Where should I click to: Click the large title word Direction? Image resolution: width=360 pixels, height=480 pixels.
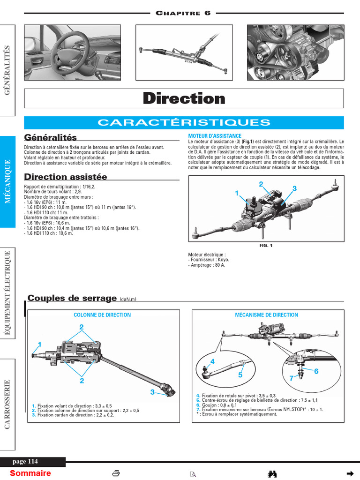(x=184, y=98)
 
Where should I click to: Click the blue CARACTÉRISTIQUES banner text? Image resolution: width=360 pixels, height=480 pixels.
(x=184, y=123)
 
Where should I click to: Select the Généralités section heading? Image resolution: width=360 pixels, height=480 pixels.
(x=50, y=137)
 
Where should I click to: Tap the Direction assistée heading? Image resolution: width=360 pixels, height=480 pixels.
(x=66, y=177)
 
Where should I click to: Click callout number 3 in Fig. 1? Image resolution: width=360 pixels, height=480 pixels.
(x=294, y=188)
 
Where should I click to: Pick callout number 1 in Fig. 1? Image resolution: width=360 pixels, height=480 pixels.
(x=237, y=193)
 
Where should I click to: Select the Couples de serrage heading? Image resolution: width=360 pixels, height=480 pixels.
(x=72, y=298)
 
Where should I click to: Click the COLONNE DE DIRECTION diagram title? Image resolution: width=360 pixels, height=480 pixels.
(x=102, y=315)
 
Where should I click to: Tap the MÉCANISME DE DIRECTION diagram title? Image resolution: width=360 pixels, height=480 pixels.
(x=266, y=315)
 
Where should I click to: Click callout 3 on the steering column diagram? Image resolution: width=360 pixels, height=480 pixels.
(x=152, y=392)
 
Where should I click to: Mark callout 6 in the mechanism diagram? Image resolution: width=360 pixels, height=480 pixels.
(x=316, y=371)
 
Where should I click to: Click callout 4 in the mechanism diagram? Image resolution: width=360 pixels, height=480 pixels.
(x=212, y=361)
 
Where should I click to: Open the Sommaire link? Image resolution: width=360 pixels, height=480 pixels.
(x=30, y=473)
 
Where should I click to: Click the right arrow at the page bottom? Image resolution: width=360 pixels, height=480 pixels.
(x=349, y=473)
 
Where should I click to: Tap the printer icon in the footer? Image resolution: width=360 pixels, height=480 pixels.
(x=117, y=473)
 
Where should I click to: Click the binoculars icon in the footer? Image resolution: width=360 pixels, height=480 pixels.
(x=272, y=473)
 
